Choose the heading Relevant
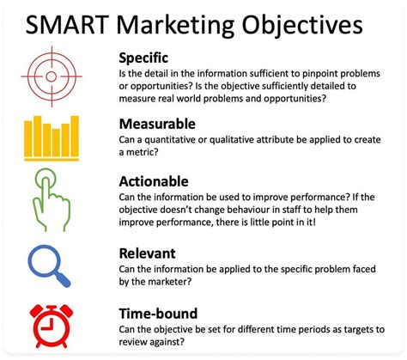click(x=148, y=253)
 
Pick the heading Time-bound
click(x=158, y=314)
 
